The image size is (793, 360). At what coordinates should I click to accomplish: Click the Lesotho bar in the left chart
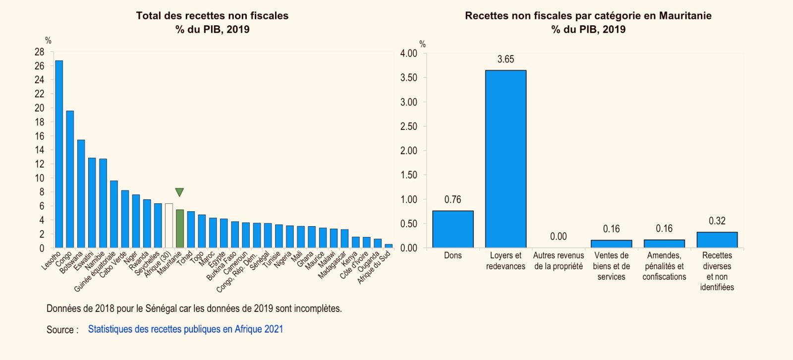[59, 154]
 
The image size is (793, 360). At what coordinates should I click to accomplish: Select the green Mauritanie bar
[179, 229]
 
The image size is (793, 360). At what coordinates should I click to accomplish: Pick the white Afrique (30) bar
[169, 226]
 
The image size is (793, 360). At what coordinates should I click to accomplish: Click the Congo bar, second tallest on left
[70, 179]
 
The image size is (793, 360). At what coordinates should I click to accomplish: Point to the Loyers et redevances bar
[506, 159]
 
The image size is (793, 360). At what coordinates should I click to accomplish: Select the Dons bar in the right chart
[453, 229]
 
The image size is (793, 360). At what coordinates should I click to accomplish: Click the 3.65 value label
[506, 59]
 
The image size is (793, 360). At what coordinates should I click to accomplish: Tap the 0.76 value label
[453, 199]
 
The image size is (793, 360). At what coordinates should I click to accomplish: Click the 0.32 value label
[717, 221]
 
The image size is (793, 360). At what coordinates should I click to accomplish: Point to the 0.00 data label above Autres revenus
[558, 237]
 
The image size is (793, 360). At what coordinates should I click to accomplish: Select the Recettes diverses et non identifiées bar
[717, 240]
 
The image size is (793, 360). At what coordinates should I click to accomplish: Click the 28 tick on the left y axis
[39, 52]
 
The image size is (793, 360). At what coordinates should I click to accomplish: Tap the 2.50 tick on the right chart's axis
[408, 126]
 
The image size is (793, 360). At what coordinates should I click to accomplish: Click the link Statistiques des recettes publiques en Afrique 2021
[185, 329]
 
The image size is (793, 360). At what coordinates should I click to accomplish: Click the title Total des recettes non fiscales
[212, 15]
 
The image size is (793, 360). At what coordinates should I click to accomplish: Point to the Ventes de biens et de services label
[611, 266]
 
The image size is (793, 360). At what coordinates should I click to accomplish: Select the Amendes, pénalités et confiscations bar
[664, 243]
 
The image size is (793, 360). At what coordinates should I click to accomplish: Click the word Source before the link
[60, 329]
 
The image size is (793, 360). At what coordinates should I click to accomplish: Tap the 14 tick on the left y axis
[39, 150]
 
